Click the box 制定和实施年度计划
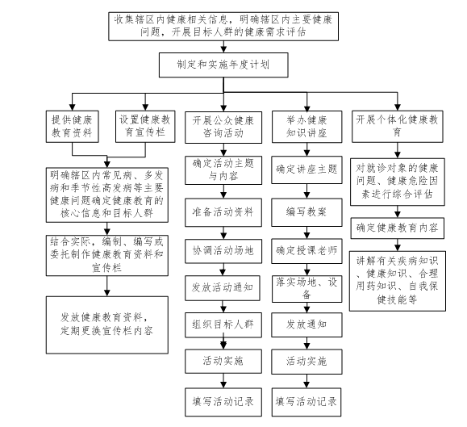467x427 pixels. coord(223,65)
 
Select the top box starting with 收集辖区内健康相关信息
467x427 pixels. coord(223,26)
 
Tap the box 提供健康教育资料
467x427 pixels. coord(72,127)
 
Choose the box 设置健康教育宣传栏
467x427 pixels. coord(145,127)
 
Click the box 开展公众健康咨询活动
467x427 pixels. coord(223,128)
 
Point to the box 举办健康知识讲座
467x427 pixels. coord(306,127)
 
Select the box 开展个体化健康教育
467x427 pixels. coord(398,127)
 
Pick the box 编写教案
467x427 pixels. coord(306,212)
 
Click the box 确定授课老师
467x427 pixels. coord(306,251)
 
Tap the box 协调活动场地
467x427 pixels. coord(223,251)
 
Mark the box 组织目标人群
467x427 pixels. coord(223,325)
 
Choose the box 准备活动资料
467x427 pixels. coord(223,212)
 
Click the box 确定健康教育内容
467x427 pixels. coord(398,228)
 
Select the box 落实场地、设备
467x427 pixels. coord(306,289)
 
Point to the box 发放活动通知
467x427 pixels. coord(223,288)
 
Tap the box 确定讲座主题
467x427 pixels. coord(306,170)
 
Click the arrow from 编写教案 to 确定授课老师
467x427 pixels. coord(306,232)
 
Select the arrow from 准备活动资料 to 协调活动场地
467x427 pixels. coord(223,233)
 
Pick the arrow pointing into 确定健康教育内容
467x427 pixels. coord(398,211)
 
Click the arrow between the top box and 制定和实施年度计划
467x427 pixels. coord(223,47)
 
